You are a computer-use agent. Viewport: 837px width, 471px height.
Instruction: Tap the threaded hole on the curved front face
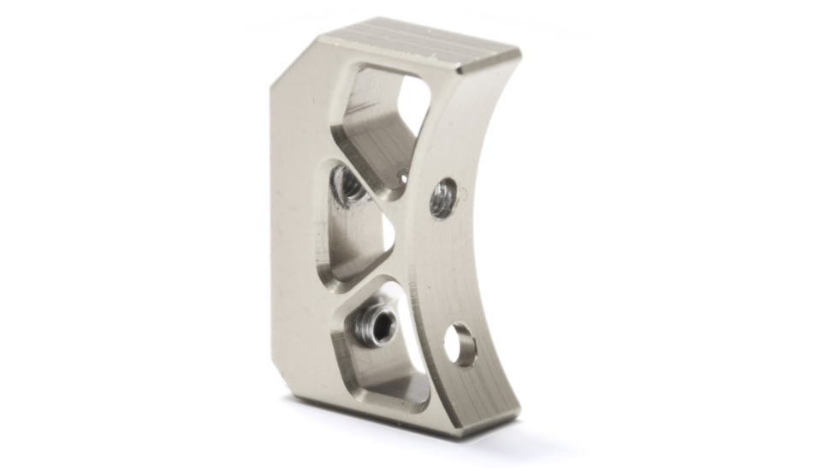442,197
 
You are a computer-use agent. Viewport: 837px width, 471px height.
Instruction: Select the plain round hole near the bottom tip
460,343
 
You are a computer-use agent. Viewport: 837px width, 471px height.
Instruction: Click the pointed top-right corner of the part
519,53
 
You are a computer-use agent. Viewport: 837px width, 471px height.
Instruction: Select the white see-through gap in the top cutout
412,98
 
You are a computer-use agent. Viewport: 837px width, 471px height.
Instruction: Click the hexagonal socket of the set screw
382,325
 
